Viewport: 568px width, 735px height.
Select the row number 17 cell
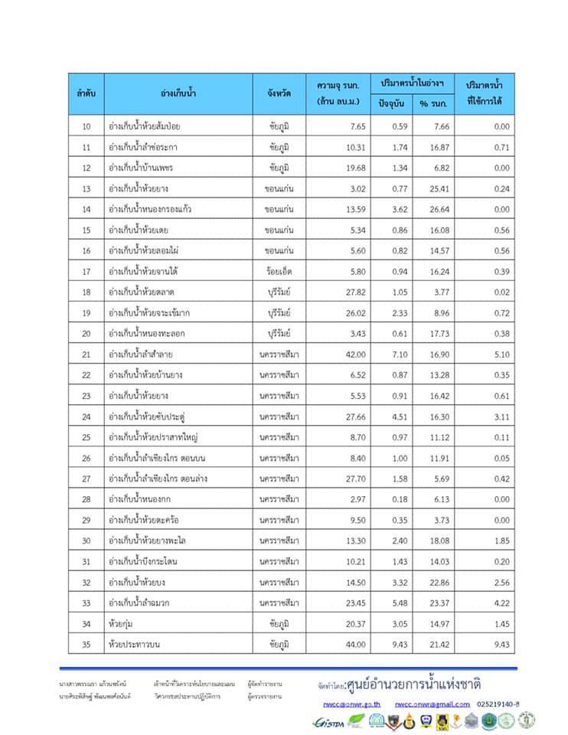pyautogui.click(x=86, y=271)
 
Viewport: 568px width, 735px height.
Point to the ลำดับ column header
pyautogui.click(x=86, y=93)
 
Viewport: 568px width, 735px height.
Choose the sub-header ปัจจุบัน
pyautogui.click(x=391, y=103)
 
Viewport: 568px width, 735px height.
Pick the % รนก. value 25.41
pyautogui.click(x=434, y=188)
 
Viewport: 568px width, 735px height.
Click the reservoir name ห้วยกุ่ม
pyautogui.click(x=122, y=623)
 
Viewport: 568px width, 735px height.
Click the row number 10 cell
pyautogui.click(x=86, y=126)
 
